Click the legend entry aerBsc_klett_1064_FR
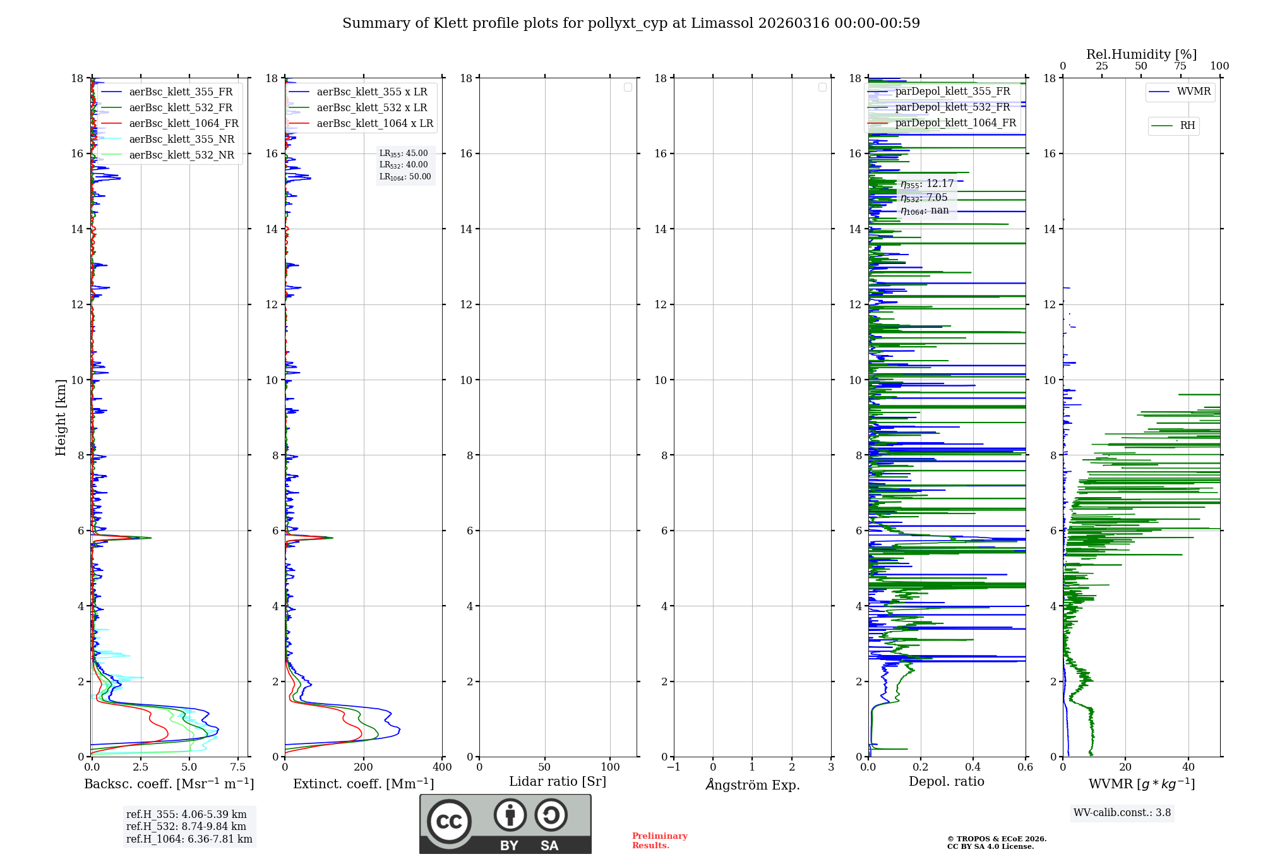[183, 124]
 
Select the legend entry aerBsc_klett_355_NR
[181, 140]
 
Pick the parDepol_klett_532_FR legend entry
[952, 107]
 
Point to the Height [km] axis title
[61, 417]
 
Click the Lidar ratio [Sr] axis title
[558, 782]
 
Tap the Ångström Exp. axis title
[752, 784]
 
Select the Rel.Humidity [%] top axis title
[1141, 54]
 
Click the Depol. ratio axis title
[946, 782]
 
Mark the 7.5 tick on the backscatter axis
[238, 767]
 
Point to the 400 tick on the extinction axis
[442, 767]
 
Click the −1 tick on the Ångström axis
[673, 767]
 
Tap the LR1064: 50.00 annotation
[405, 177]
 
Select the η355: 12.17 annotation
[926, 184]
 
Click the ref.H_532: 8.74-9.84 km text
[186, 827]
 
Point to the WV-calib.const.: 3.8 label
[1122, 813]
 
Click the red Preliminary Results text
[659, 841]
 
